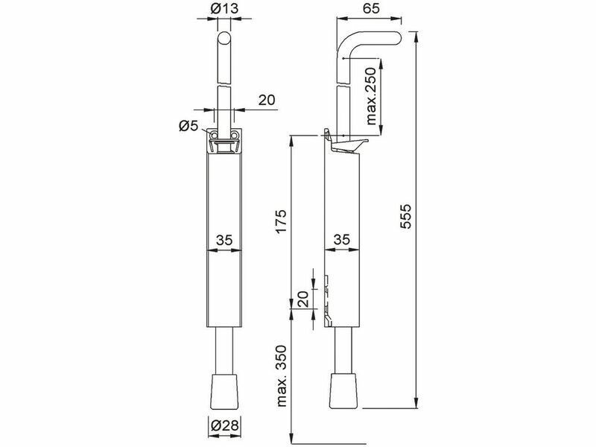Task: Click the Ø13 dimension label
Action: (x=224, y=8)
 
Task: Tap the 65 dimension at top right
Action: (x=370, y=8)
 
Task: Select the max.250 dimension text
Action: (x=370, y=96)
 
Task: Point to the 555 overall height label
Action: (x=406, y=217)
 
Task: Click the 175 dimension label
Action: (x=281, y=221)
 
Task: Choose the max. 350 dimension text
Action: (x=282, y=376)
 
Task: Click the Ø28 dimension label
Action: (x=224, y=425)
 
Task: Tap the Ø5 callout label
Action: (x=189, y=126)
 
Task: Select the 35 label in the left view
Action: (x=224, y=240)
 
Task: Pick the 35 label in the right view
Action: (x=342, y=239)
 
